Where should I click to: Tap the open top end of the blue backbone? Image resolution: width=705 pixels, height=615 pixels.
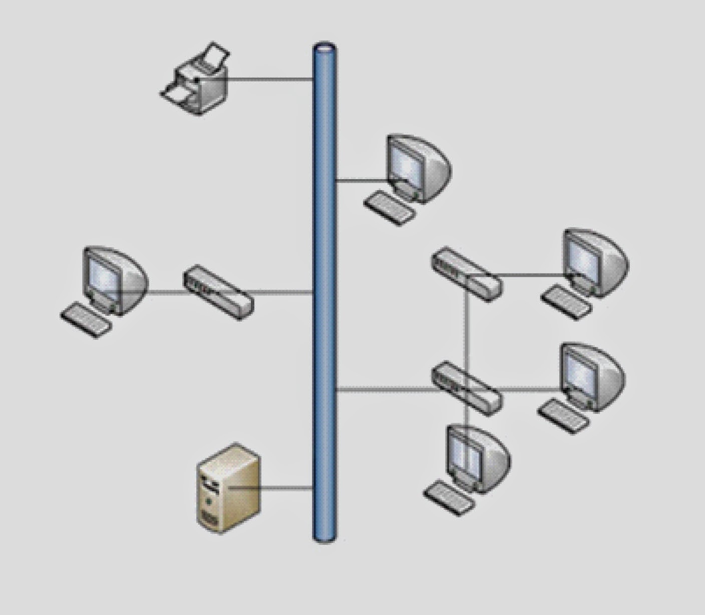tap(324, 49)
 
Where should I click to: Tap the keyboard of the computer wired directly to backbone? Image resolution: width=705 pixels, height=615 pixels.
tap(390, 207)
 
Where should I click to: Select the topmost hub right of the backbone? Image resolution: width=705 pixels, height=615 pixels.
tap(466, 274)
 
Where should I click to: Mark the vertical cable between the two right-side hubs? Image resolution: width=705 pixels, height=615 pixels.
tap(466, 330)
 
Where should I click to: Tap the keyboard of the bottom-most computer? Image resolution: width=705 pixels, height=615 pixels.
tap(450, 497)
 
